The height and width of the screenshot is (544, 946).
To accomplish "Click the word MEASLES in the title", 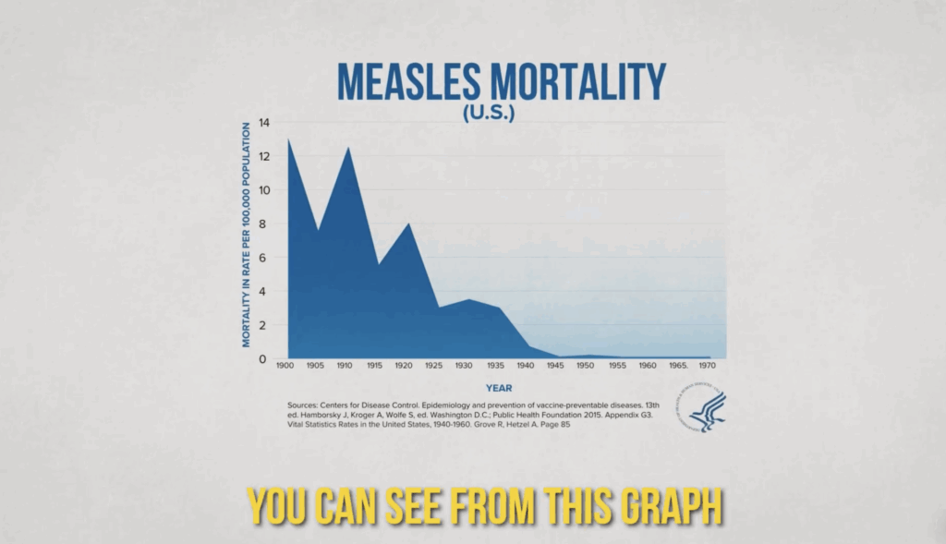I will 406,82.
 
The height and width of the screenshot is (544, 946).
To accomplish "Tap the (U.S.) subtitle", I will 501,113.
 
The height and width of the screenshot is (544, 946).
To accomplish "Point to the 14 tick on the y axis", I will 264,123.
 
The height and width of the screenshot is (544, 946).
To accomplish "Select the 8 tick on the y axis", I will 265,224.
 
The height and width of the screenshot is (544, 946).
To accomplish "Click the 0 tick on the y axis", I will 265,358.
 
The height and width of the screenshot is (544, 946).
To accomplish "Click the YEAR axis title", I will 500,389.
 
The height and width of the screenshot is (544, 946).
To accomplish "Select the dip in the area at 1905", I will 319,230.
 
